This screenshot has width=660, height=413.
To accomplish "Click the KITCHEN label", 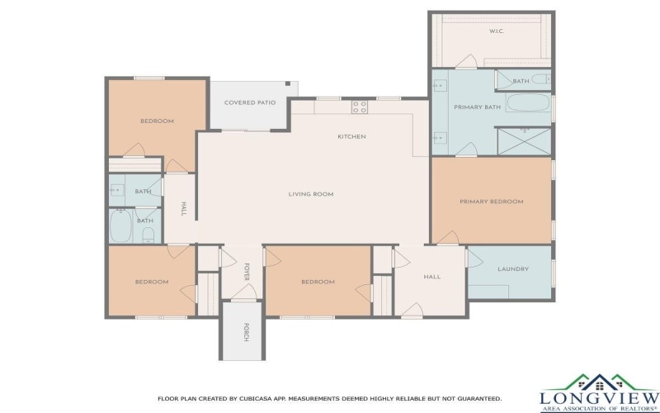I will pyautogui.click(x=351, y=136).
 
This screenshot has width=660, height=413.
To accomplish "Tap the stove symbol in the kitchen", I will pyautogui.click(x=360, y=106).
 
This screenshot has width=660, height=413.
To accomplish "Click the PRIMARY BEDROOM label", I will pyautogui.click(x=492, y=202).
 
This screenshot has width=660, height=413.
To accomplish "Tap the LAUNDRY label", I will pyautogui.click(x=513, y=269).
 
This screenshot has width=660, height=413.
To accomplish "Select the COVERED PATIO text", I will pyautogui.click(x=250, y=102).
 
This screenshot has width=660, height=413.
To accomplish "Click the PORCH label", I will pyautogui.click(x=245, y=332).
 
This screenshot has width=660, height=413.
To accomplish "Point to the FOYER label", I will pyautogui.click(x=246, y=272).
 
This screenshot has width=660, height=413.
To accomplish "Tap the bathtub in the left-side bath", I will pyautogui.click(x=120, y=225).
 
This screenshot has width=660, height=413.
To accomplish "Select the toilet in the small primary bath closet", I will pyautogui.click(x=540, y=80).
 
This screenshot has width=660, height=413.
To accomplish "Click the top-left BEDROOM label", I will pyautogui.click(x=157, y=121).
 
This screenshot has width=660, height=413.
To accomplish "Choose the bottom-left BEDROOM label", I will pyautogui.click(x=152, y=282).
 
